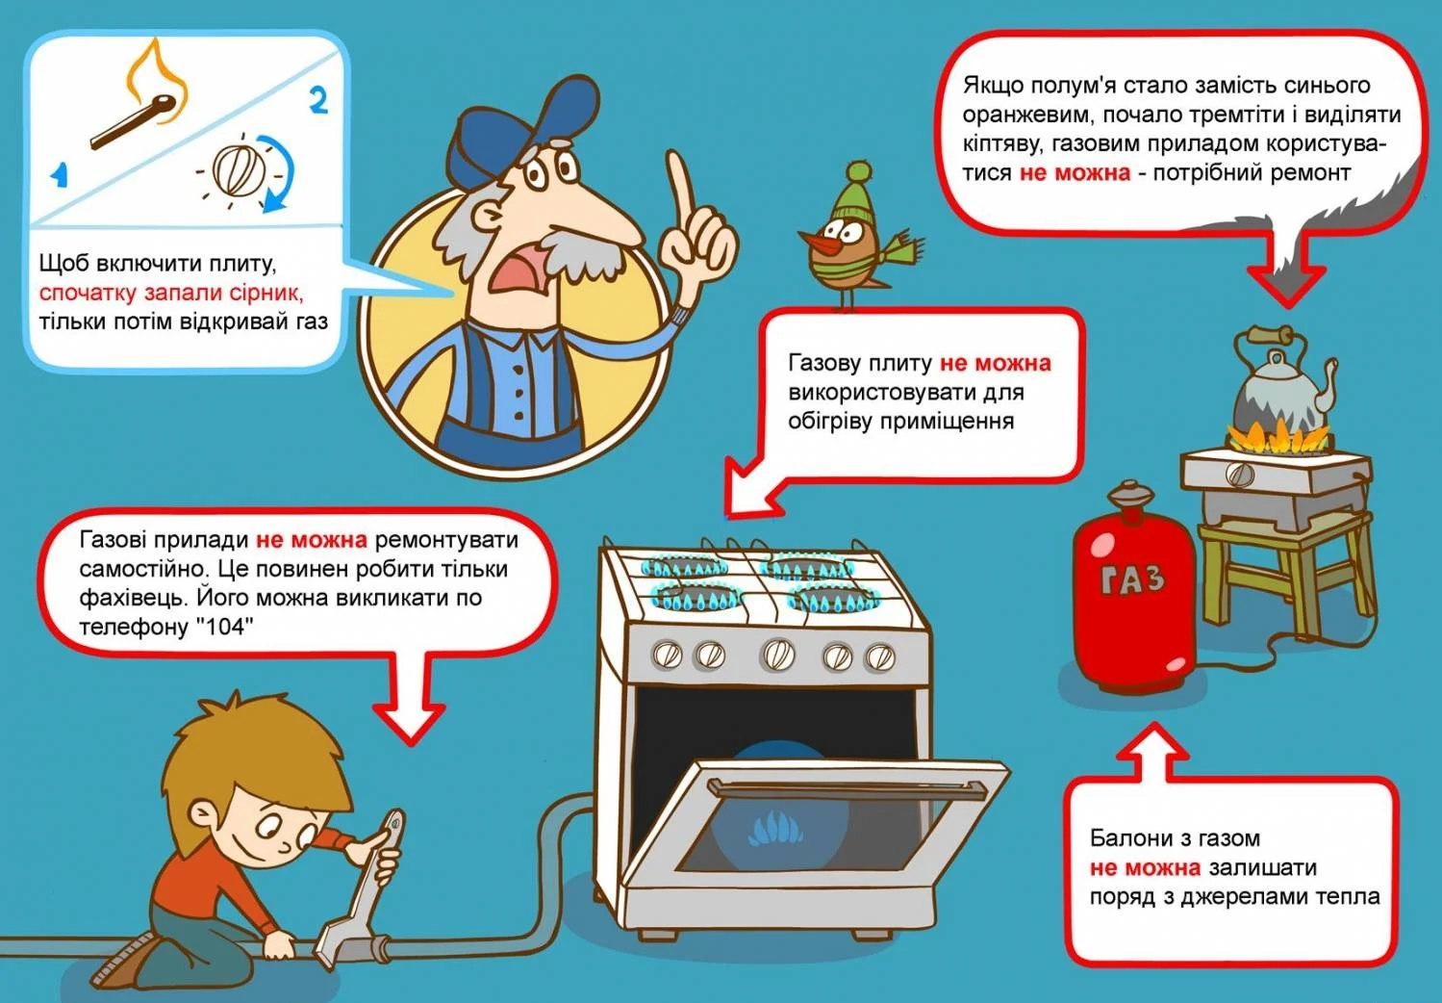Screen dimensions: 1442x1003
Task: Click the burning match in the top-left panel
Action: (136, 121)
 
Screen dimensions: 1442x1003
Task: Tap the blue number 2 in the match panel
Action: (318, 102)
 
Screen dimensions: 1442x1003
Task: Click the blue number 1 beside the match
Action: (60, 174)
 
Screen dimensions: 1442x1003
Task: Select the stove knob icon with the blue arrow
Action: (240, 168)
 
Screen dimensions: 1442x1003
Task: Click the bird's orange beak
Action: (817, 241)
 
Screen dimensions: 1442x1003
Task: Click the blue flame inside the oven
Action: (775, 829)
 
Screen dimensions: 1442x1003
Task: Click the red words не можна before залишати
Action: (1145, 867)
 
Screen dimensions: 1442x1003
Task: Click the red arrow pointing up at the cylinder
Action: (1153, 753)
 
